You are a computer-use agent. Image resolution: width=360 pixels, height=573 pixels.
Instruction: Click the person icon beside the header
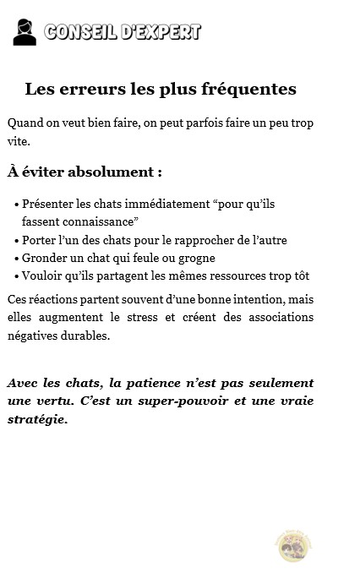pos(25,32)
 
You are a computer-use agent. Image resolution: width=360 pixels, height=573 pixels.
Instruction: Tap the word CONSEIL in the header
pos(80,32)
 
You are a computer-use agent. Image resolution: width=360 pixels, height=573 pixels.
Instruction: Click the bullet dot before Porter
pos(17,241)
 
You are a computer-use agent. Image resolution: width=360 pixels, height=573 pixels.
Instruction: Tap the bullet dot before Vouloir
pos(17,276)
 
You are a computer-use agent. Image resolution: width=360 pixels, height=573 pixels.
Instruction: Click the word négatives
pos(32,336)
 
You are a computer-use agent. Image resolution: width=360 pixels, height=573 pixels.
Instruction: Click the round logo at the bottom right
pos(296,545)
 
